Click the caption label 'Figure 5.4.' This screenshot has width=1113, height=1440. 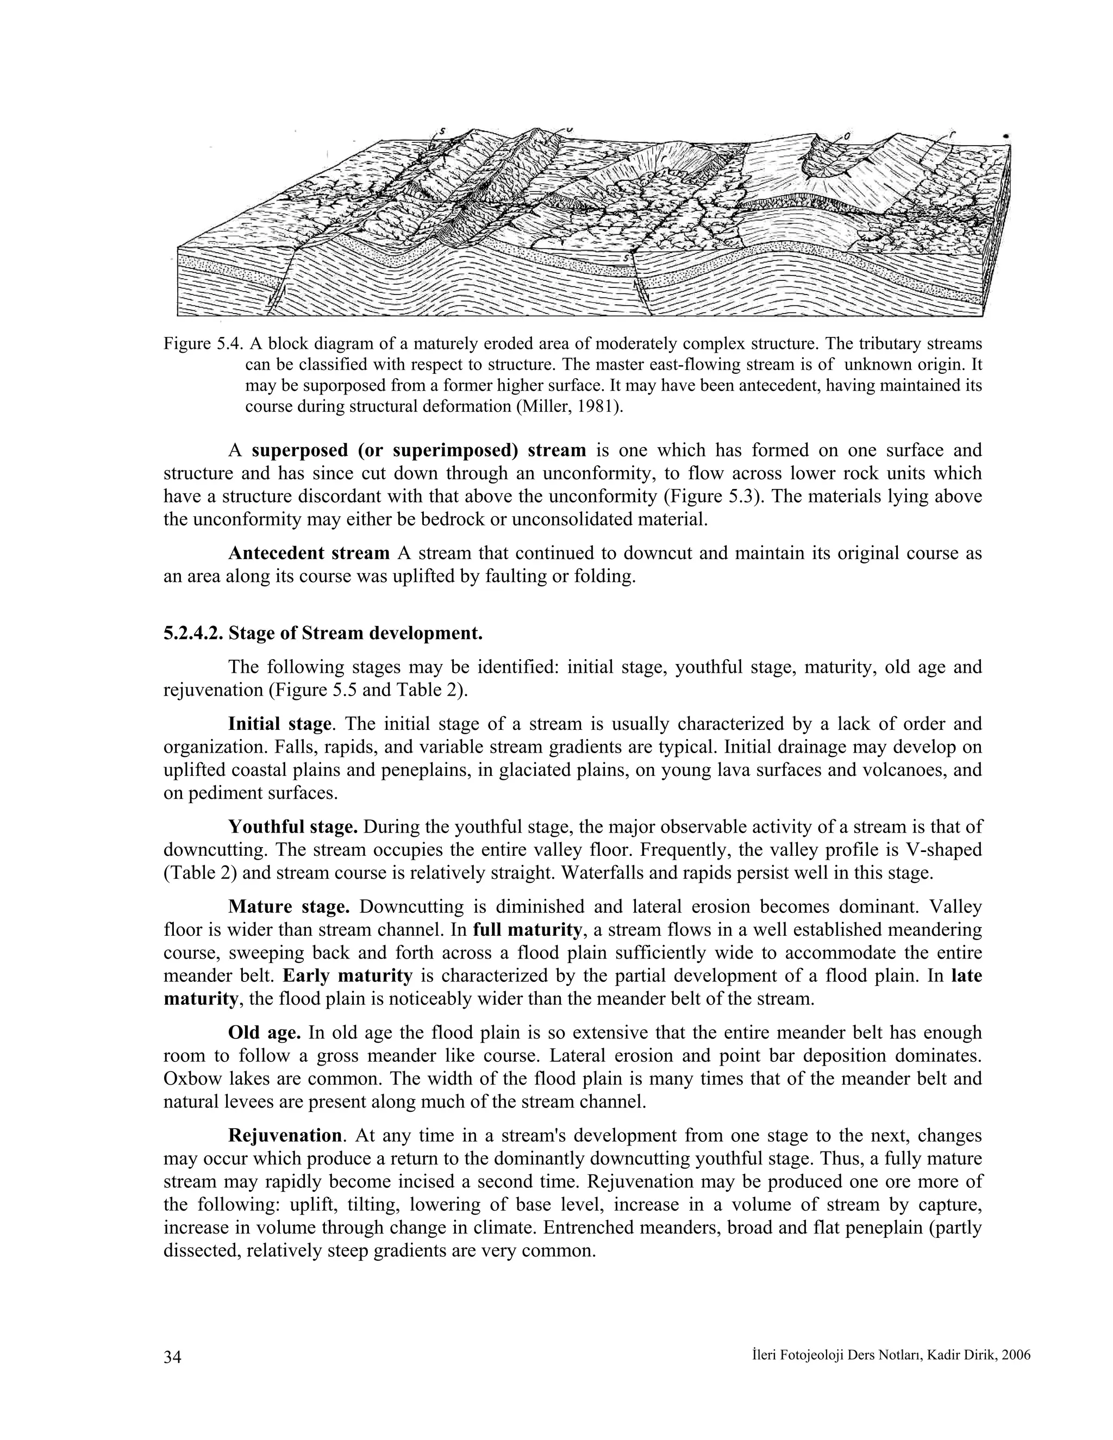[x=204, y=344]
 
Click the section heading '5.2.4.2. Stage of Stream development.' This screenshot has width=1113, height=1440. [x=323, y=634]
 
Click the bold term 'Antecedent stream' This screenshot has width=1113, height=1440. [x=309, y=553]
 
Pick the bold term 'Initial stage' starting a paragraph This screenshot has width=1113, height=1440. [x=279, y=724]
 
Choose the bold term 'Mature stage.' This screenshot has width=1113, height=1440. [x=289, y=907]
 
